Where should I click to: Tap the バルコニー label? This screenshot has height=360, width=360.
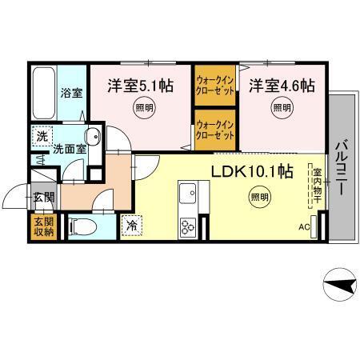coord(338,168)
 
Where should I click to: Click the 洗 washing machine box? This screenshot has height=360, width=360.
coord(42,136)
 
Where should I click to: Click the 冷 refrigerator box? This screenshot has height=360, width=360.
coord(131,226)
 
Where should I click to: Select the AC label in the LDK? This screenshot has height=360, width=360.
coord(303,226)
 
